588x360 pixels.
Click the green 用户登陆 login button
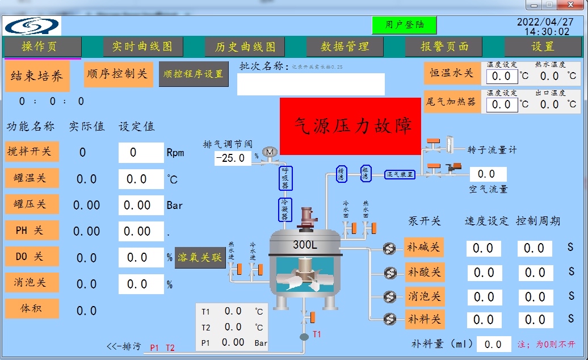point(404,25)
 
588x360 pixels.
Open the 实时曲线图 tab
point(142,47)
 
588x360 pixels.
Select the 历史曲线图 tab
point(245,47)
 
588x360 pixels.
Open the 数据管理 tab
point(345,47)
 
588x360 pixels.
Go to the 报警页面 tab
point(444,47)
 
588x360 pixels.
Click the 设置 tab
point(543,47)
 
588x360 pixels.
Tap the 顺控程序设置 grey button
point(194,74)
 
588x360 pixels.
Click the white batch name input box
point(310,84)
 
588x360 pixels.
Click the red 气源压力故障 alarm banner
point(350,125)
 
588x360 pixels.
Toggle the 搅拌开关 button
point(32,152)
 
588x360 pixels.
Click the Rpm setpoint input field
point(141,152)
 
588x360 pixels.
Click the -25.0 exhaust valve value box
point(233,158)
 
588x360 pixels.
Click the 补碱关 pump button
point(424,248)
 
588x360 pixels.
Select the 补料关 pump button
point(424,319)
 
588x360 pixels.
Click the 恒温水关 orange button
point(451,73)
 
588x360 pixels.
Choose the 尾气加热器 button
point(451,102)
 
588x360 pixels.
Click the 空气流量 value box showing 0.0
point(488,174)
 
